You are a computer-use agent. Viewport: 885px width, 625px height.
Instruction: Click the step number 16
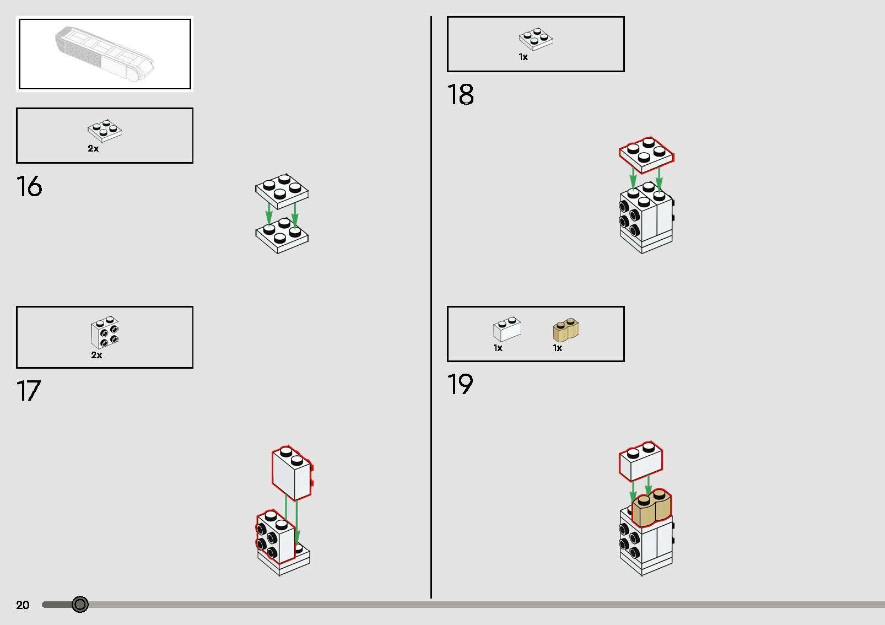29,186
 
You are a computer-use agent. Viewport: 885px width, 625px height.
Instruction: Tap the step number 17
29,390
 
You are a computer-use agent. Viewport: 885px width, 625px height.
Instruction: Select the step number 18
460,94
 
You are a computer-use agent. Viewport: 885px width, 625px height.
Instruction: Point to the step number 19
460,384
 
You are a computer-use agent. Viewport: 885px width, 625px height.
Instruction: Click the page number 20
23,605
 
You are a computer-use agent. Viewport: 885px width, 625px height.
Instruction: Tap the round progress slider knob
80,605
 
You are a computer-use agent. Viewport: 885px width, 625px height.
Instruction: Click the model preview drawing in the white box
104,53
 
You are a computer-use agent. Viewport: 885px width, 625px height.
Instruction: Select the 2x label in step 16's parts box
93,149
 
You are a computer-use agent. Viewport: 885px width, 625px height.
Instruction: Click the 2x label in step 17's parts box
96,355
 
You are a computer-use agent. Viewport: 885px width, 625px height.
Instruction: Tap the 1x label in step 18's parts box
523,57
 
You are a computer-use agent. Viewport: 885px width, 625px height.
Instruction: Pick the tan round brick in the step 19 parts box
566,330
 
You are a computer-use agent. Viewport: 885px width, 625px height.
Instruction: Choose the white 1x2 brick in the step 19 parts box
507,329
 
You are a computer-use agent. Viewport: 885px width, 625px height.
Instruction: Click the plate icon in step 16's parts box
105,131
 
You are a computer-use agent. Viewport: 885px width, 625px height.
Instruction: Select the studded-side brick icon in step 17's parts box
105,332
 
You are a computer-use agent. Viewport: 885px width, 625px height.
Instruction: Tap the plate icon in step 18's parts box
536,39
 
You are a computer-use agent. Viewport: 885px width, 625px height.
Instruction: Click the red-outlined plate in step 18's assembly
647,155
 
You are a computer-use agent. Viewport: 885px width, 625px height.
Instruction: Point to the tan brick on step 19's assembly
651,508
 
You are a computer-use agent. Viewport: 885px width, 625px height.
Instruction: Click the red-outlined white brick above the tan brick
641,461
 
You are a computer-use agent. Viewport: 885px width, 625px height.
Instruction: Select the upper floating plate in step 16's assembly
282,191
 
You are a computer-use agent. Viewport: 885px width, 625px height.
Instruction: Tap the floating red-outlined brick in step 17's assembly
293,472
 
